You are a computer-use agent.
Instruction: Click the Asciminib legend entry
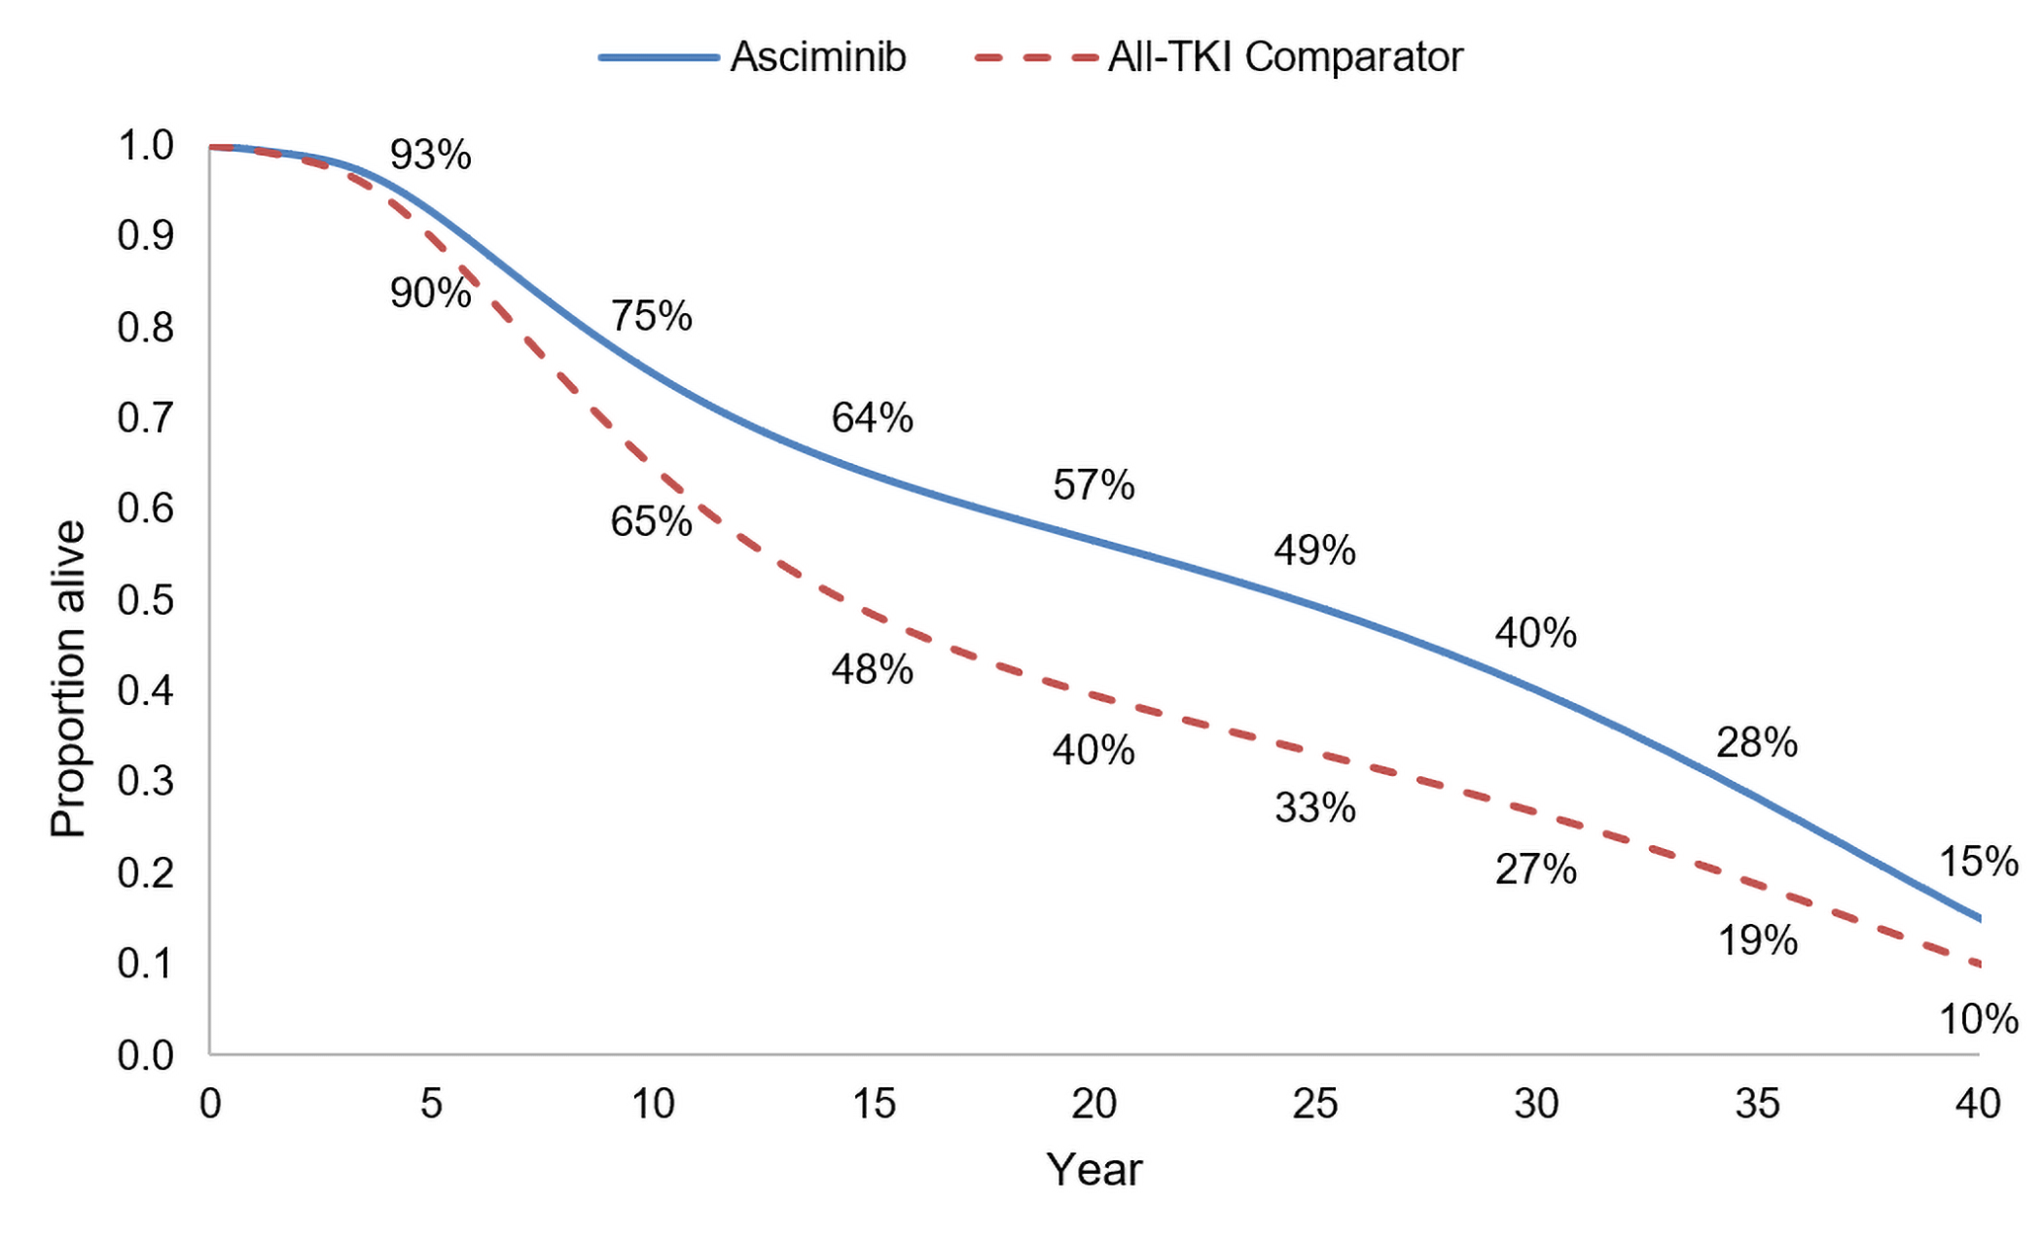[x=817, y=56]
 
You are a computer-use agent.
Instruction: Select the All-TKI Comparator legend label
[x=1284, y=56]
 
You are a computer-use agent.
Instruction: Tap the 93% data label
[x=430, y=155]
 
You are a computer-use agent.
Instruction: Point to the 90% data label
[x=430, y=293]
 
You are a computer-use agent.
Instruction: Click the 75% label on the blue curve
[x=651, y=316]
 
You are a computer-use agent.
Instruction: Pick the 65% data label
[x=651, y=522]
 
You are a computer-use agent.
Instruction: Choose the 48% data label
[x=872, y=669]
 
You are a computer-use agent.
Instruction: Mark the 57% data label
[x=1093, y=484]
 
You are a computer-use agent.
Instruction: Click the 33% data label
[x=1315, y=808]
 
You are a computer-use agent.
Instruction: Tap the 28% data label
[x=1757, y=743]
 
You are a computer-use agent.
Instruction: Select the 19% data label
[x=1757, y=940]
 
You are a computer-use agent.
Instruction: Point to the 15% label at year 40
[x=1979, y=862]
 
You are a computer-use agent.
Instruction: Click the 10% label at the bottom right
[x=1979, y=1019]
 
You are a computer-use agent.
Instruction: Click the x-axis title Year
[x=1093, y=1170]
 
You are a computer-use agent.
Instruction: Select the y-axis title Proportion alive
[x=68, y=679]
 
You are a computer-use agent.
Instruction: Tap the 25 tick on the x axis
[x=1315, y=1104]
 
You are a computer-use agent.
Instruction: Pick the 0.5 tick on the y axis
[x=145, y=600]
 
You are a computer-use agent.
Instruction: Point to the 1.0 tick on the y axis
[x=145, y=146]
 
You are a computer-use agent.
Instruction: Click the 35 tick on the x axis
[x=1757, y=1104]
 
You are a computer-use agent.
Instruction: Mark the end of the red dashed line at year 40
[x=1979, y=964]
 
